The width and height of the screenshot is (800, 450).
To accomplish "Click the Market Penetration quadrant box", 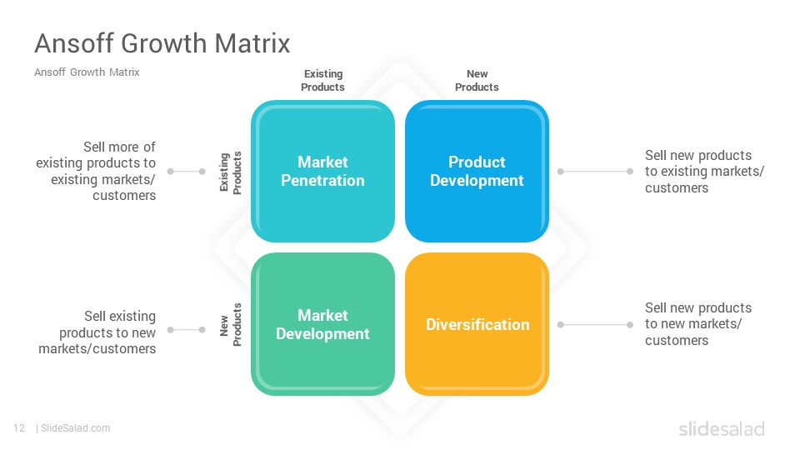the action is tap(322, 171).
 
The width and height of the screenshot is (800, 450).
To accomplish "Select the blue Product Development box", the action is tap(477, 171).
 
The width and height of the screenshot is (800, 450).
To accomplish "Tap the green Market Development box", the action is tap(322, 324).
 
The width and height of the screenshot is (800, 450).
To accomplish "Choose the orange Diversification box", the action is tap(477, 324).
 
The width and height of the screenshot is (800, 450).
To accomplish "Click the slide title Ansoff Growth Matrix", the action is tap(162, 42).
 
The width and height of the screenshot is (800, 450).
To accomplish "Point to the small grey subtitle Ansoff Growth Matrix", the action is tap(87, 72).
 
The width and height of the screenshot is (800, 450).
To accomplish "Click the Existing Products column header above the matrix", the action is tap(322, 81).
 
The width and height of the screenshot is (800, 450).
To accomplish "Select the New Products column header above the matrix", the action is tap(477, 81).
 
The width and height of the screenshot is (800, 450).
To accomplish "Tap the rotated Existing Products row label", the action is tap(230, 172).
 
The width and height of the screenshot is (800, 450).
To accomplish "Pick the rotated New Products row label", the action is tap(230, 324).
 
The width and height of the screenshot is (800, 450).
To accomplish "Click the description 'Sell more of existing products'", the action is tap(96, 171).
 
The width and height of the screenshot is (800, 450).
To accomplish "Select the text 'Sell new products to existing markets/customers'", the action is tap(705, 172).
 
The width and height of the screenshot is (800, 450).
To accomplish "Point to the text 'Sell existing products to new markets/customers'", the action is tap(97, 332).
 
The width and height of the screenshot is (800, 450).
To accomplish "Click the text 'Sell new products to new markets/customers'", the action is tap(698, 324).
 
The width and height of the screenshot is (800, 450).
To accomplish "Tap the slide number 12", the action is tap(19, 428).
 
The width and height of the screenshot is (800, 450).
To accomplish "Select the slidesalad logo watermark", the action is tap(722, 428).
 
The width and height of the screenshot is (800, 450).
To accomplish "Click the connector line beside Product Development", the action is tap(595, 172).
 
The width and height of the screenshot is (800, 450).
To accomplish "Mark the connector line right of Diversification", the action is tap(595, 324).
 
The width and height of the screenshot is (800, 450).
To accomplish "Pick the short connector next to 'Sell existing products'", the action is tap(186, 330).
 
